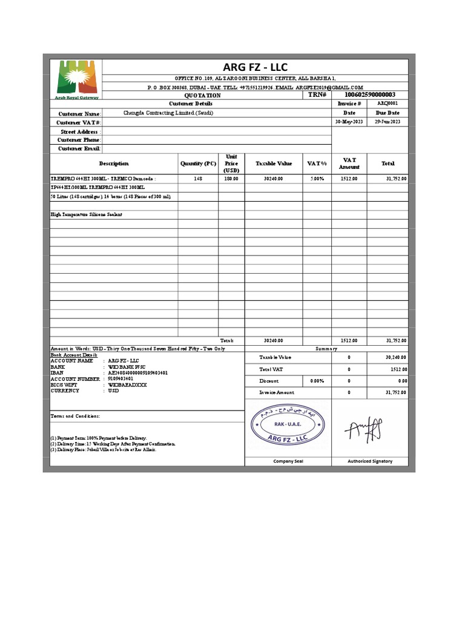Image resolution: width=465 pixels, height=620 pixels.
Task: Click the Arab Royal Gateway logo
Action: coord(75,79)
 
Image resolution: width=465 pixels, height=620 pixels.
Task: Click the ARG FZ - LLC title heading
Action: coord(255,67)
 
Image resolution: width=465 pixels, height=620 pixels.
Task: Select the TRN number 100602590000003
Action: coord(369,95)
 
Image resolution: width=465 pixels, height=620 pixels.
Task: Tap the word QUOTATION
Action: coord(202,96)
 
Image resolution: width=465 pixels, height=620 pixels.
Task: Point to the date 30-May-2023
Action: coord(349,122)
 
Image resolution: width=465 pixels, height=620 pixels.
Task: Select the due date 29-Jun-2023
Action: coord(388,122)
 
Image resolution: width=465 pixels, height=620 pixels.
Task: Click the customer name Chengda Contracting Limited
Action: coord(160,113)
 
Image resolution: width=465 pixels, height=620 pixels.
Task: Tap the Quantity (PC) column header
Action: coord(198,163)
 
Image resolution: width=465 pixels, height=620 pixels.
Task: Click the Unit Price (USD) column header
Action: coord(231,163)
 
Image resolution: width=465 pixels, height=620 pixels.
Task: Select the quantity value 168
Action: coord(198,179)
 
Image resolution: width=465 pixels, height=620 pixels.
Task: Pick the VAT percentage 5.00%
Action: coord(317,179)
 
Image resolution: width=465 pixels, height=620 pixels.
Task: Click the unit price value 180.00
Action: coord(231,179)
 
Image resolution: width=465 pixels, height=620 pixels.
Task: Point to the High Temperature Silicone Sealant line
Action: coord(86,214)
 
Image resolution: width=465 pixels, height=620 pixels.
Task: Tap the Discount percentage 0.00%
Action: coord(317,381)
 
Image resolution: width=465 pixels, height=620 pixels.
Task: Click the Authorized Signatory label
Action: coord(369,461)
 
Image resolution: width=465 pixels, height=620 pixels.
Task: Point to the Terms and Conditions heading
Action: coord(75,417)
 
